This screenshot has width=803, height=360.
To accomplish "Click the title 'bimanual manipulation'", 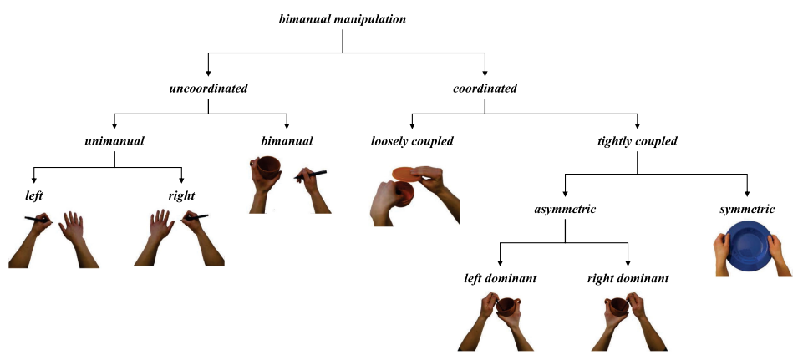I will click(x=342, y=18).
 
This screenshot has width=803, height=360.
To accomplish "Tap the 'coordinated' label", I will click(x=485, y=88).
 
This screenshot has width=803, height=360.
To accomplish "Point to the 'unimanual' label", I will click(x=114, y=141).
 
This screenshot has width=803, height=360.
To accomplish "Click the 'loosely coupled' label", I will click(x=412, y=141).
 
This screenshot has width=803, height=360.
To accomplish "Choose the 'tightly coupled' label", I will click(x=638, y=141).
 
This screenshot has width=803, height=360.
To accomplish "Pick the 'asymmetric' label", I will click(x=565, y=209).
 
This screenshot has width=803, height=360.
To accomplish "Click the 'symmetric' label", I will click(x=747, y=209).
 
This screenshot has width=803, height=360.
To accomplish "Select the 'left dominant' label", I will click(x=500, y=277).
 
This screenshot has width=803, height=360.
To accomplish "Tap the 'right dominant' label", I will click(x=628, y=277).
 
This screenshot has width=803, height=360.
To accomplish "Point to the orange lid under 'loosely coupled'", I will click(x=408, y=174).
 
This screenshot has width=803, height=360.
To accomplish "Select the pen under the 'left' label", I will click(x=38, y=220).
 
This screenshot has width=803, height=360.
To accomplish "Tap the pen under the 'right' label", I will click(x=196, y=217).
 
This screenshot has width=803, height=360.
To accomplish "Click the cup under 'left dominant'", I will click(x=506, y=307).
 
